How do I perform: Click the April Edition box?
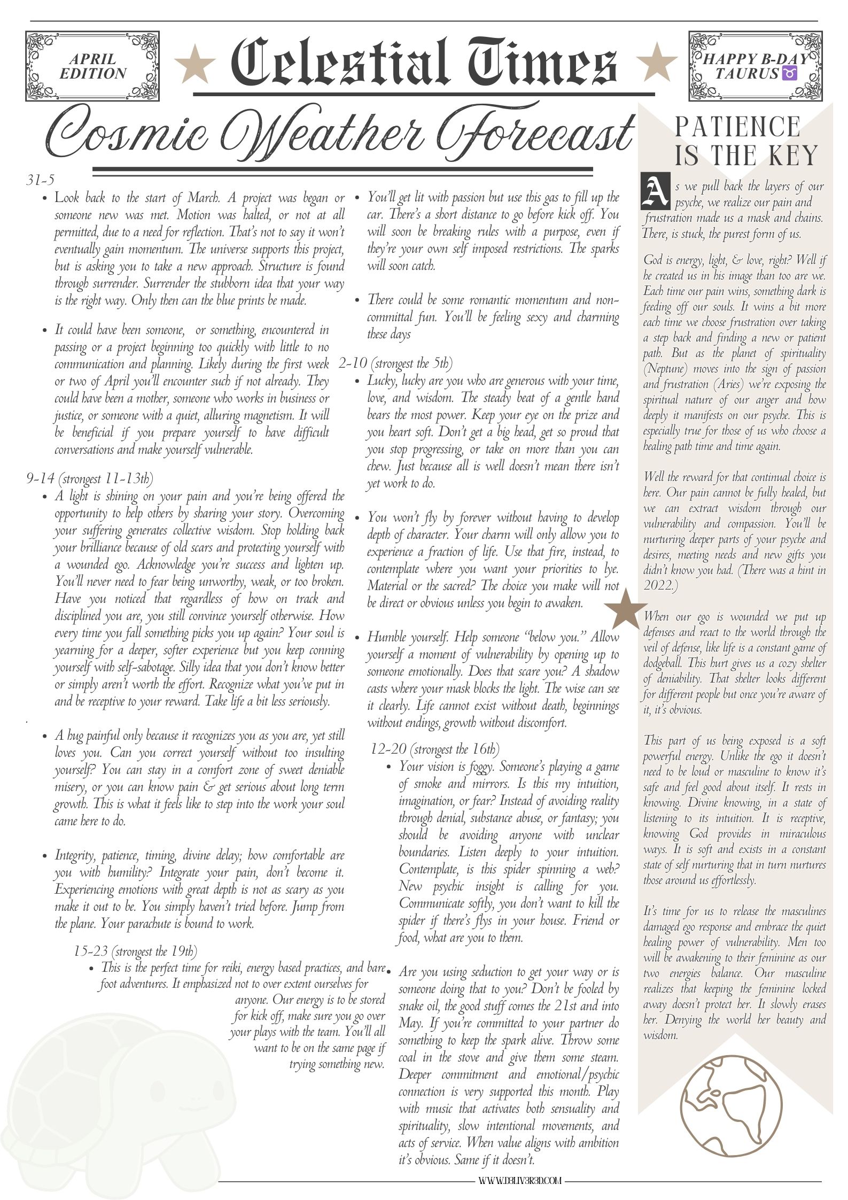(x=93, y=66)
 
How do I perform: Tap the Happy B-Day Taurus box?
(x=755, y=66)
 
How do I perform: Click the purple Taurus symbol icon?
(x=789, y=74)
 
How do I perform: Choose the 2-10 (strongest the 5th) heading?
(x=395, y=364)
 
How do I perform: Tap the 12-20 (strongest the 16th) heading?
(x=435, y=748)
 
